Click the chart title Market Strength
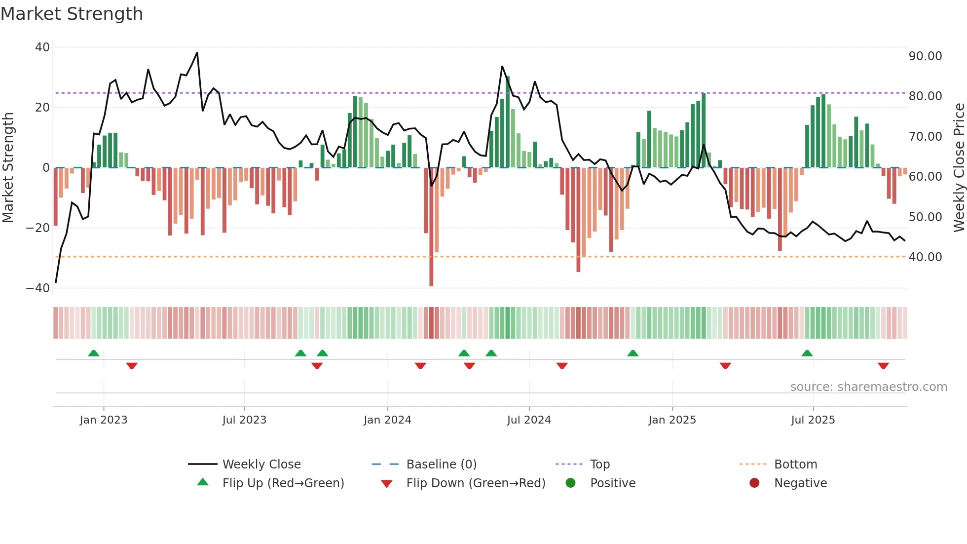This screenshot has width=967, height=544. (x=72, y=14)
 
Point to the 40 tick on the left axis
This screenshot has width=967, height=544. (x=42, y=47)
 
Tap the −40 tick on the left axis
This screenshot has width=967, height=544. (x=38, y=288)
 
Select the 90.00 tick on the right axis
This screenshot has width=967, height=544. (x=925, y=56)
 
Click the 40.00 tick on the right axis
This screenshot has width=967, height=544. (x=925, y=257)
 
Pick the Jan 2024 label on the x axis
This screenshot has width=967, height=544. (x=387, y=420)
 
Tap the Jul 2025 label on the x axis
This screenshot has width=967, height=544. (x=813, y=420)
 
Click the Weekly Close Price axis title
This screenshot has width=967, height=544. (x=959, y=168)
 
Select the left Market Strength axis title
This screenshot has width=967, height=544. (x=8, y=168)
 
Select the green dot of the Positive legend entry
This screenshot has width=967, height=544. (x=571, y=483)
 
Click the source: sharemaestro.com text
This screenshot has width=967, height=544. (x=868, y=387)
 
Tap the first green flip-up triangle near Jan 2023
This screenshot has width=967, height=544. (x=94, y=353)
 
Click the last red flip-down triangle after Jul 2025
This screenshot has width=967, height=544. (x=883, y=366)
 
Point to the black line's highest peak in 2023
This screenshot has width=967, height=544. (x=197, y=53)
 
